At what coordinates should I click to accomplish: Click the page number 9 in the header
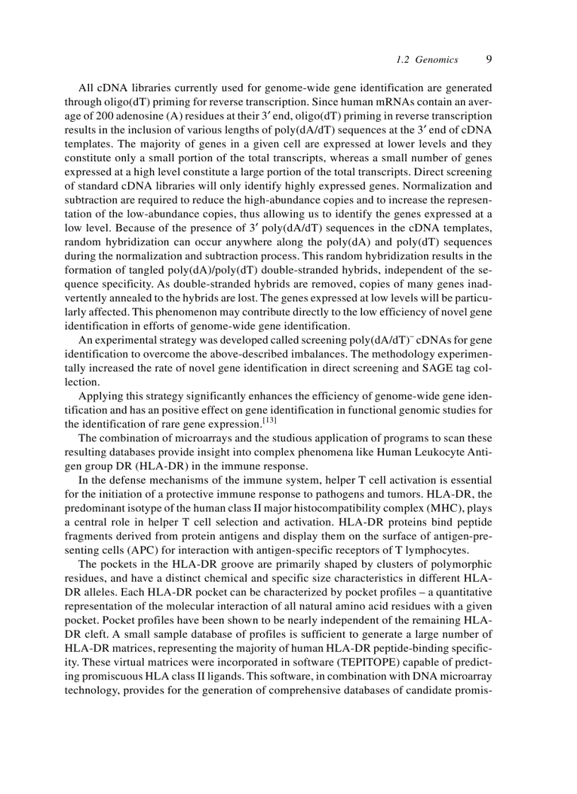click(489, 59)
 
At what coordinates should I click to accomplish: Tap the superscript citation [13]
click(269, 421)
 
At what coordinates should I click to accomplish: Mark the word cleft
click(95, 634)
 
